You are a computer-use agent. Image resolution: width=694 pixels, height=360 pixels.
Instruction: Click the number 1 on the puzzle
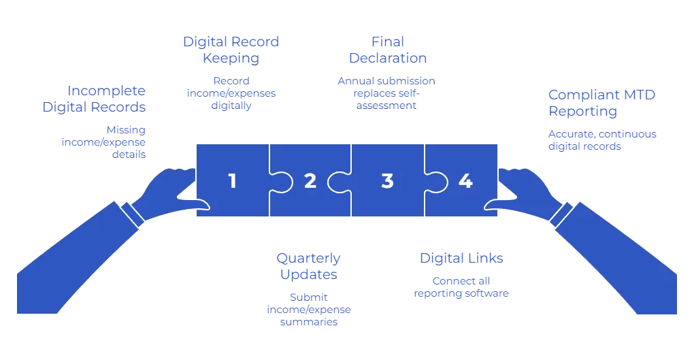[233, 181]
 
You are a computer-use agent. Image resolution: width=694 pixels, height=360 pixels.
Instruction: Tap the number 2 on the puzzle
[310, 181]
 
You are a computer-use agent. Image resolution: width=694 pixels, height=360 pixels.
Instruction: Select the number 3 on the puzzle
[387, 181]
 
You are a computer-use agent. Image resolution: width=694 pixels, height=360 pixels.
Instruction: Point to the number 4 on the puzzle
[465, 181]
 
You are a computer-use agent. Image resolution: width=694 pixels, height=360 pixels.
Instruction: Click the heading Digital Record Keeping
[231, 50]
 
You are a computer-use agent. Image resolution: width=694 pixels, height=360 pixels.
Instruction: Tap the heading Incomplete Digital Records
[103, 99]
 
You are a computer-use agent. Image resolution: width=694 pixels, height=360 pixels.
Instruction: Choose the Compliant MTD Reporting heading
[602, 102]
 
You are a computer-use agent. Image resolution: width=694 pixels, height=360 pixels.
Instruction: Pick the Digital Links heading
[461, 258]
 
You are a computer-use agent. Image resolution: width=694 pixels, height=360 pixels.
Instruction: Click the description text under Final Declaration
[386, 92]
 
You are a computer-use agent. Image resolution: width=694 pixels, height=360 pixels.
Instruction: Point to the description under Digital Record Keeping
[231, 93]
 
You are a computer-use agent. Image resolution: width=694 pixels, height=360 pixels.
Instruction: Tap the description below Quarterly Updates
[310, 309]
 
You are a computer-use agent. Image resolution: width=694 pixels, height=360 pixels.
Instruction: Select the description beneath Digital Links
[461, 287]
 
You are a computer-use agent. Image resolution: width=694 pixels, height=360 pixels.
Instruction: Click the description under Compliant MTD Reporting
[602, 140]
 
